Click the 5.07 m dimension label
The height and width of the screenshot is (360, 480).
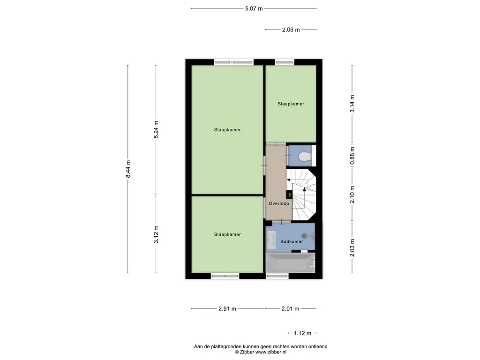(254, 8)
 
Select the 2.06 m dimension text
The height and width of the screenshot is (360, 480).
(291, 30)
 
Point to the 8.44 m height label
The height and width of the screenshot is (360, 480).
(128, 169)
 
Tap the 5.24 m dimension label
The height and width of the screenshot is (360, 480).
(157, 130)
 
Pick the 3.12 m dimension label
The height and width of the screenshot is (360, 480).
(157, 234)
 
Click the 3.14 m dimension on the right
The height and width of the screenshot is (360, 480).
(352, 104)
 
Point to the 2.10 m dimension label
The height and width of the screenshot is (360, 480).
(352, 194)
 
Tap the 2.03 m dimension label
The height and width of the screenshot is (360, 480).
(352, 248)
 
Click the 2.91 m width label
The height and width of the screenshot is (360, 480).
(227, 309)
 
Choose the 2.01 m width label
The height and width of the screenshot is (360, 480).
(290, 309)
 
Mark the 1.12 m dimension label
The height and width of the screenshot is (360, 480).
(302, 333)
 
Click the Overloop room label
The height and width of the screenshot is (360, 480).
(278, 204)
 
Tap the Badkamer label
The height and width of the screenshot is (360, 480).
(292, 241)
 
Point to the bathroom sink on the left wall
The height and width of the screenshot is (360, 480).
(271, 239)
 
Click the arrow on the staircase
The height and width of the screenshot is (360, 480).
(304, 189)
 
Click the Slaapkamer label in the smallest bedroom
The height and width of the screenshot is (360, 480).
(291, 104)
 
